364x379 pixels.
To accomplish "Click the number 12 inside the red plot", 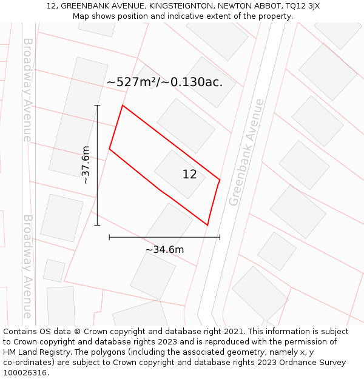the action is (x=189, y=175).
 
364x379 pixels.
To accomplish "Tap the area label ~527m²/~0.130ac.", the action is (x=164, y=82).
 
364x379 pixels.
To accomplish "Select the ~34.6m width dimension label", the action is (x=164, y=249).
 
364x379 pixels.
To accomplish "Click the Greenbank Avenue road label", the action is (x=246, y=152).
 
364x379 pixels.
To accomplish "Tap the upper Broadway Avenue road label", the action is (x=27, y=90).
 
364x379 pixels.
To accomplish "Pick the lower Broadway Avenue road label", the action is (x=27, y=266).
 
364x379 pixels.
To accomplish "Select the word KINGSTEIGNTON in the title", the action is (x=178, y=6).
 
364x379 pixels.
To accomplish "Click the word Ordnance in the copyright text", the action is (x=290, y=363).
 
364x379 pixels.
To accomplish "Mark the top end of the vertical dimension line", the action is (x=97, y=106).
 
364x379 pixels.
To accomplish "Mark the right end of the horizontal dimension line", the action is (x=220, y=237).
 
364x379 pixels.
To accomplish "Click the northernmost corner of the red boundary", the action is (x=123, y=106).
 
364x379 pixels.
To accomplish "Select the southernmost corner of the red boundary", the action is (x=207, y=225).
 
